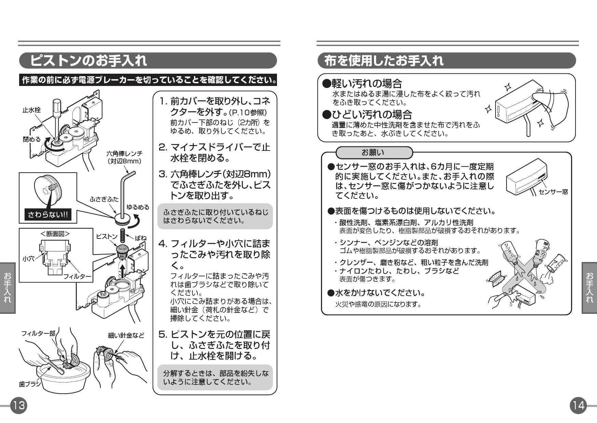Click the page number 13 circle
click(18, 405)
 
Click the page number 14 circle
click(578, 405)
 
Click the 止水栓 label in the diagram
click(31, 110)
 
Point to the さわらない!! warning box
click(48, 215)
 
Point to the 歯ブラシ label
click(29, 384)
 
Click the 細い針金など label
click(126, 335)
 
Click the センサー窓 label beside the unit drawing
click(553, 192)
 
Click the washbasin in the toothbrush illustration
click(55, 375)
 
